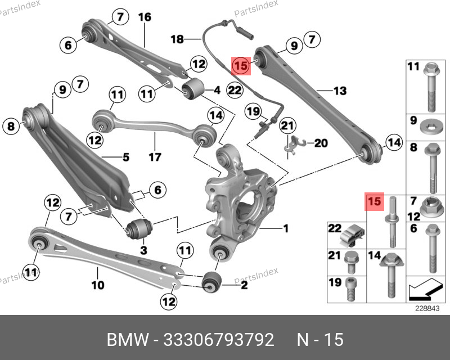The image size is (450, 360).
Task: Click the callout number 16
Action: click(145, 17)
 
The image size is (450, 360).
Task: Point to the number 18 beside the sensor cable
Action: click(178, 39)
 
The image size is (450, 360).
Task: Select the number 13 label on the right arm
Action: click(340, 91)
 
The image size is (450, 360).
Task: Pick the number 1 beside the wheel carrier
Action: click(285, 228)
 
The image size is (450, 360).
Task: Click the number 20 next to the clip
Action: click(320, 143)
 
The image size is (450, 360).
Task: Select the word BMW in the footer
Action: click(128, 340)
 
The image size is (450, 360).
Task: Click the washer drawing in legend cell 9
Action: click(430, 127)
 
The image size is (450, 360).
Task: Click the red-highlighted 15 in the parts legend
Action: click(374, 200)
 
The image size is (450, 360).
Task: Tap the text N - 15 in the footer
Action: click(320, 340)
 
